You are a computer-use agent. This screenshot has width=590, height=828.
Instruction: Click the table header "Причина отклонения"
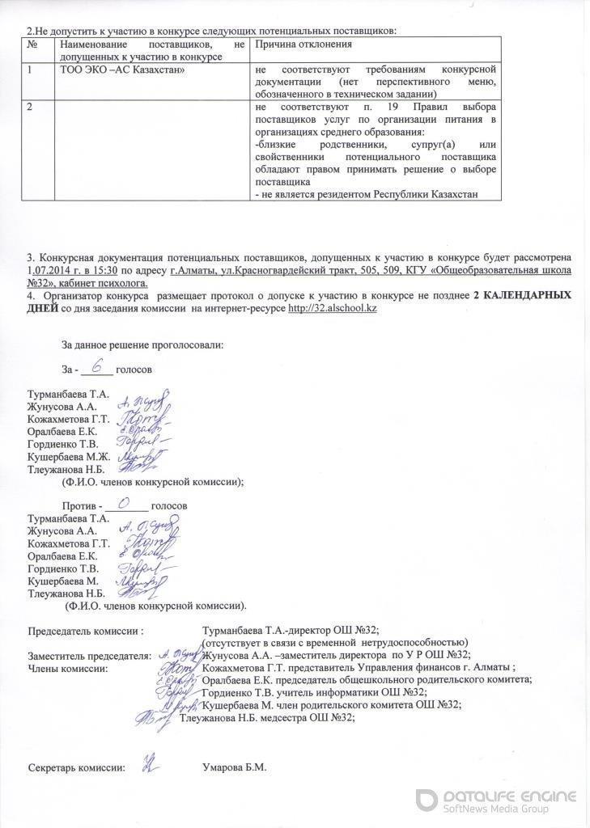coord(303,44)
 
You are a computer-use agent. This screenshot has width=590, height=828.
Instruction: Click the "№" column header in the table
coord(32,44)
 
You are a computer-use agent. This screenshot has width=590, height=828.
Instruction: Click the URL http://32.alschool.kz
coord(333,308)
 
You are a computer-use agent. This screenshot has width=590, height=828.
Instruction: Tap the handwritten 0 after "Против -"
coord(125,502)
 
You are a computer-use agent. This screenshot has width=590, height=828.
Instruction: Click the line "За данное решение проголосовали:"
coord(142,345)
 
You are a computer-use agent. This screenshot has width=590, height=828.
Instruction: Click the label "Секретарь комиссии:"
coord(76,767)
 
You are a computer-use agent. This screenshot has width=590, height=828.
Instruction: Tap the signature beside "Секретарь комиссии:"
coord(148,763)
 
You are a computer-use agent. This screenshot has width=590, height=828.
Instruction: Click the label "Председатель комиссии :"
coord(87,631)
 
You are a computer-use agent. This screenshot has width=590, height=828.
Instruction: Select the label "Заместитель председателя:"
coord(89,655)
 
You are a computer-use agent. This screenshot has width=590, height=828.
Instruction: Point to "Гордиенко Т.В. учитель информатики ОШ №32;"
coord(314,693)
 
